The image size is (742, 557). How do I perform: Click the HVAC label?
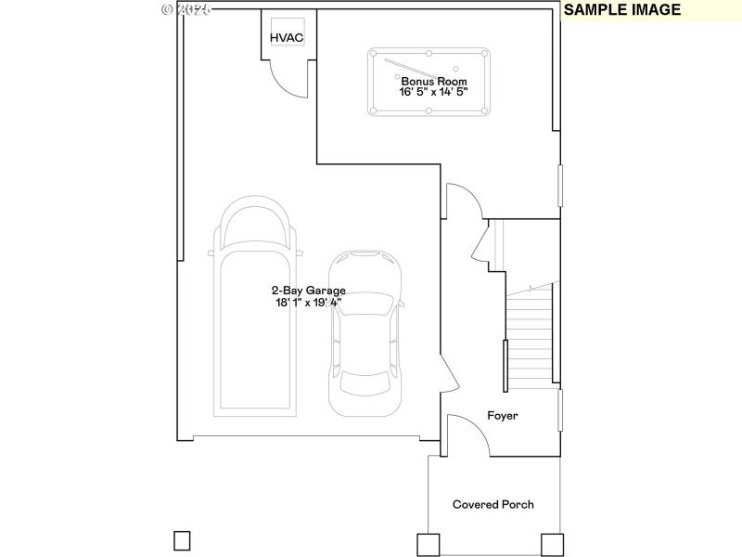pos(287,37)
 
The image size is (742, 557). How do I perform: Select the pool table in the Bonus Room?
pos(429,82)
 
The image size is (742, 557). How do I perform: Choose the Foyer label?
pos(503,416)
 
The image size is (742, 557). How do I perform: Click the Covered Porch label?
pos(493,504)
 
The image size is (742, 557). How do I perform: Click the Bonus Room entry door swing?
pos(462,199)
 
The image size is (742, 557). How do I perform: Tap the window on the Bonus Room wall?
pos(559,186)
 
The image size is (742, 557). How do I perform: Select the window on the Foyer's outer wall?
pos(559,409)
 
